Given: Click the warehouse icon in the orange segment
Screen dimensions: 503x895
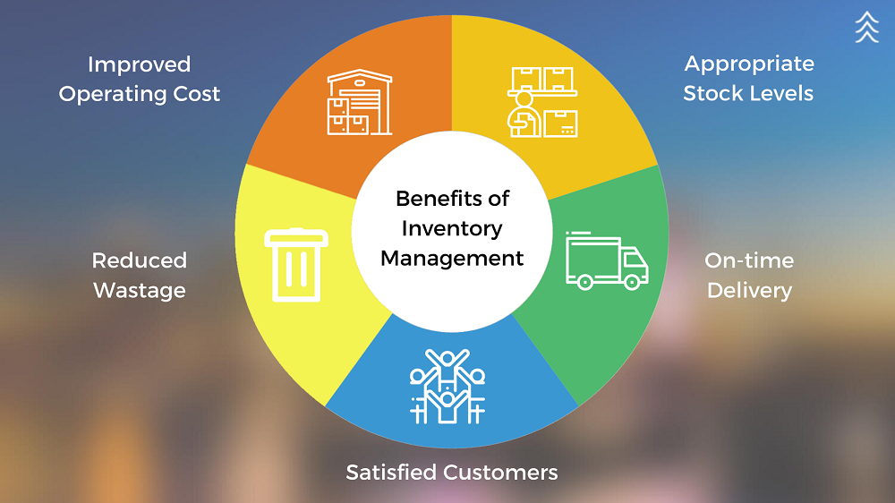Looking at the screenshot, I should [360, 103].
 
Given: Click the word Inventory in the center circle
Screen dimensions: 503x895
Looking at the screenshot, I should [451, 228].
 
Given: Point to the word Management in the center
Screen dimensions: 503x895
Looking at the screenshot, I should [451, 259].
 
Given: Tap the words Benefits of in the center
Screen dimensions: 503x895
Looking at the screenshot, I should [451, 198].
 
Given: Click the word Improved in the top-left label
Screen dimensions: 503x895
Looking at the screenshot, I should [139, 64].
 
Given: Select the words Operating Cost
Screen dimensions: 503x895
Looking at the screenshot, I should [139, 94].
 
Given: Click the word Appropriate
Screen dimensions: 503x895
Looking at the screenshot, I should [749, 64].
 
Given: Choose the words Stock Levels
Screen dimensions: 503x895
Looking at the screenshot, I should [748, 93].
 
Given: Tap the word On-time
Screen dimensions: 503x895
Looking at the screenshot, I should [749, 260].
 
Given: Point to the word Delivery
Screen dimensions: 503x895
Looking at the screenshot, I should [749, 290].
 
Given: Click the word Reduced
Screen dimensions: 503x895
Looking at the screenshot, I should [139, 260].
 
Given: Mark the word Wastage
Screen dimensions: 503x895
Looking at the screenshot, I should [139, 290].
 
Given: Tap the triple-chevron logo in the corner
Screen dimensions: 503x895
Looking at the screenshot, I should [866, 27].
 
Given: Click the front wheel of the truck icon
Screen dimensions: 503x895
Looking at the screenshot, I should [631, 283].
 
